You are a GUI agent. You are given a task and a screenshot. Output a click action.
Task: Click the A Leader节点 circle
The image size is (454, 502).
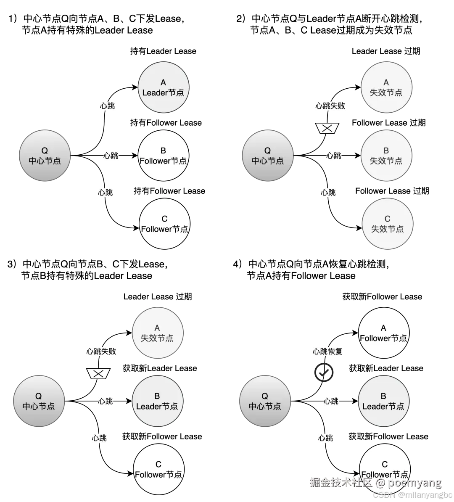point(163,88)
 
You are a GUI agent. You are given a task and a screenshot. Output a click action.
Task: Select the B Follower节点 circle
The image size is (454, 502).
point(163,156)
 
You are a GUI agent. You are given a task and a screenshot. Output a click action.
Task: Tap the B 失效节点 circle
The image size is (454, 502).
point(386,156)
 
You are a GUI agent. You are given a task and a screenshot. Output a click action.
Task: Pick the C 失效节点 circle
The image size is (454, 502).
point(387,224)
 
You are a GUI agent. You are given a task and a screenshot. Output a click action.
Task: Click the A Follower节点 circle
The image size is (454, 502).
point(383,333)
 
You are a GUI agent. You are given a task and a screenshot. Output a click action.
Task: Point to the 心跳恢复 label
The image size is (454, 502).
point(328,351)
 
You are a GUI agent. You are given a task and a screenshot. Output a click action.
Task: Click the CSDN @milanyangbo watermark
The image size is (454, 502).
point(412,495)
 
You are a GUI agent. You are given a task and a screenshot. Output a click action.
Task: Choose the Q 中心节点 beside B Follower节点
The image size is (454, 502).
point(45,156)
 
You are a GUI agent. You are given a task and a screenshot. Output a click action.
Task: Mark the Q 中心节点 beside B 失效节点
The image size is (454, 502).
point(268,156)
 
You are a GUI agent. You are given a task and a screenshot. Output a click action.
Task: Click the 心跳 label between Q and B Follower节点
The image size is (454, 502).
point(111,156)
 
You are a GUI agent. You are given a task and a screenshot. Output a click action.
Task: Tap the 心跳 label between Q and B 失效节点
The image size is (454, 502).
point(335,156)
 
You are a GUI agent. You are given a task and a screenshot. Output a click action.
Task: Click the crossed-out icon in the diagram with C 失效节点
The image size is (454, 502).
point(327,128)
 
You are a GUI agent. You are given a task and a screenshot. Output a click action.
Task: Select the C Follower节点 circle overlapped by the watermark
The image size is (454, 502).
point(385,469)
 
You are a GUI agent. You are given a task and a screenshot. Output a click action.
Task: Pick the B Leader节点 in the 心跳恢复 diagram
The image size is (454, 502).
point(383,401)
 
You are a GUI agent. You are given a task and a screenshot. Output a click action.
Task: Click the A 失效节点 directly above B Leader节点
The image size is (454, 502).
point(157,333)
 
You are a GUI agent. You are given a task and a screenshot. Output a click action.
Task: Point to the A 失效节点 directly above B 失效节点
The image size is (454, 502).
point(386,88)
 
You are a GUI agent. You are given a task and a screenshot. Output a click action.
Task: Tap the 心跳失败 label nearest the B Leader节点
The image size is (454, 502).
point(101,351)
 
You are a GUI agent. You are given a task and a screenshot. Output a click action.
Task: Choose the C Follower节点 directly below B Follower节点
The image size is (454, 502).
point(164,224)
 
